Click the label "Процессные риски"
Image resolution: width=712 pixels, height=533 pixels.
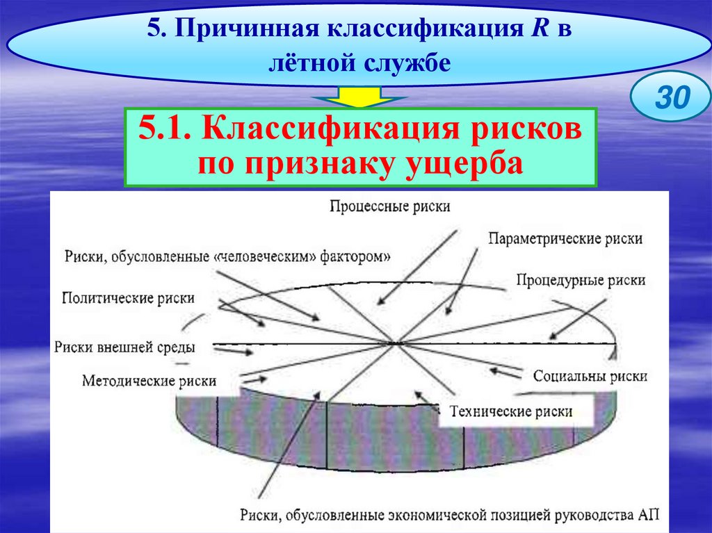point(390,206)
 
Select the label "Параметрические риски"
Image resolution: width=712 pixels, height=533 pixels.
point(565,238)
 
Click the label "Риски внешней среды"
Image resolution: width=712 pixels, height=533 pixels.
point(124,347)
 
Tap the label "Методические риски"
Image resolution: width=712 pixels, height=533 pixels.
point(149,380)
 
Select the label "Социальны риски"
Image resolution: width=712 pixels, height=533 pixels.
point(590,376)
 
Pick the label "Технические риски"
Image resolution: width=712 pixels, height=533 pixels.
point(511,411)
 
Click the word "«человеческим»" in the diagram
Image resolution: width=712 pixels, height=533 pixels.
point(266,256)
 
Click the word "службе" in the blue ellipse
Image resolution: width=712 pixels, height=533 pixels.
point(405,63)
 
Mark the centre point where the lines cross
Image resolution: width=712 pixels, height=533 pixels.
point(396,343)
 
